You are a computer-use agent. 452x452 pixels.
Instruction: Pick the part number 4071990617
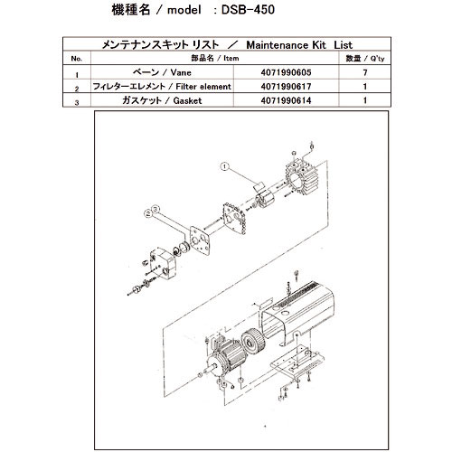296,89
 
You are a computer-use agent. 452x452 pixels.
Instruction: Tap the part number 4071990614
296,102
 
